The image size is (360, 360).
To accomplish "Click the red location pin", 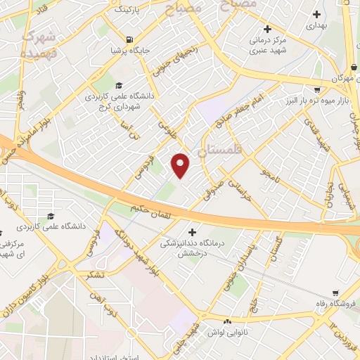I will click(181, 165).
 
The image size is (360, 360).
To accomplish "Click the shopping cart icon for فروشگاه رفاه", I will click(335, 292).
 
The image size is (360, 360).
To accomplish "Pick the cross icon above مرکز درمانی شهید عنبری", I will click(266, 30).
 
